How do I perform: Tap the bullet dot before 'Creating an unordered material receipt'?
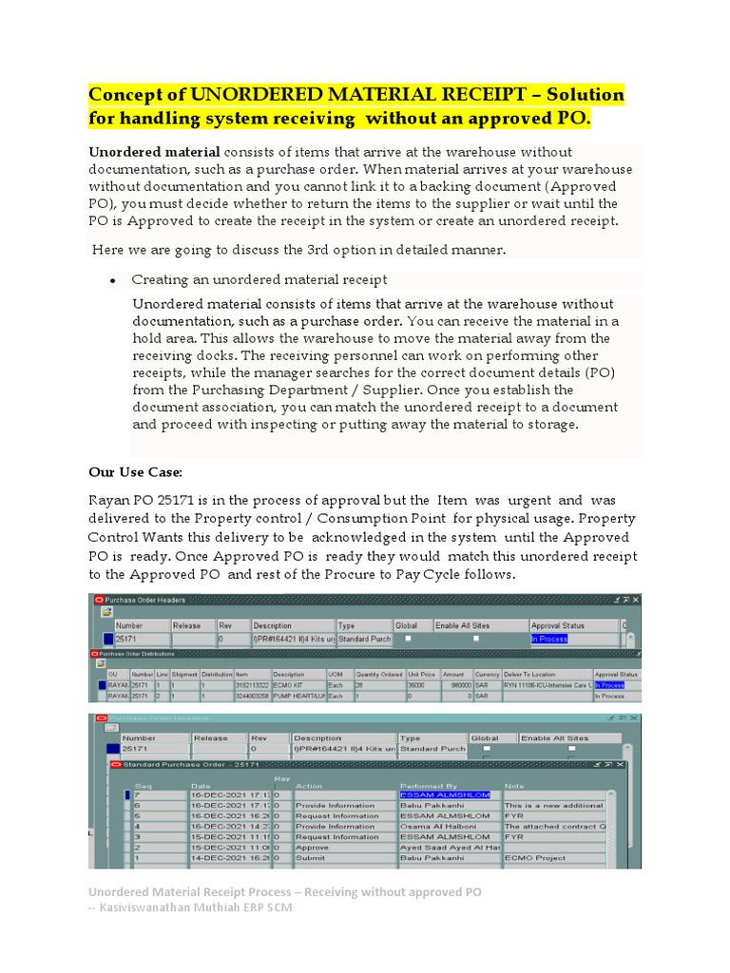113,280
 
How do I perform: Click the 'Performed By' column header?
428,786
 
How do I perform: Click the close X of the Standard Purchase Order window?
623,763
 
